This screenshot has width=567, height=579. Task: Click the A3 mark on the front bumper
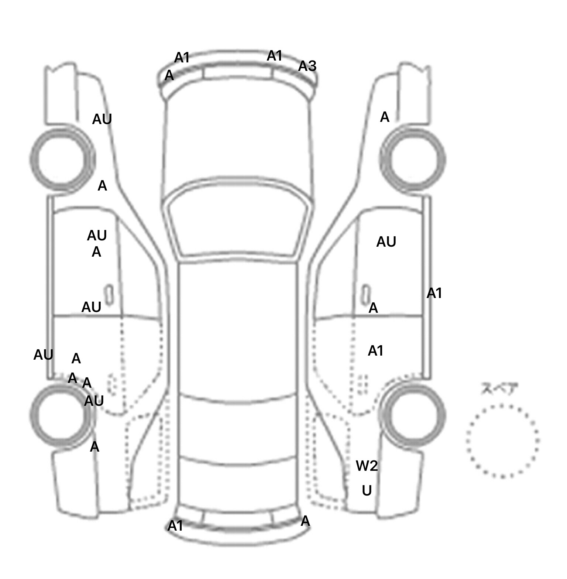307,66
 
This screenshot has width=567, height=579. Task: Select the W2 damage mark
367,466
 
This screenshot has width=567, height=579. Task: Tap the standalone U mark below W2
367,490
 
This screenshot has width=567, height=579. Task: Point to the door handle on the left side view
109,294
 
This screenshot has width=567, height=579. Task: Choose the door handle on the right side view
366,294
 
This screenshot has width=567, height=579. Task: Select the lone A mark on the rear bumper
305,521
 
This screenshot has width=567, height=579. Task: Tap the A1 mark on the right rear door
375,350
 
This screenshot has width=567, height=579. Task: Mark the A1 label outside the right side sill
434,293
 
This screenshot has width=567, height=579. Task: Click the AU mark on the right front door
386,242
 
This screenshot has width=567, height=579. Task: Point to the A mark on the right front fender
385,117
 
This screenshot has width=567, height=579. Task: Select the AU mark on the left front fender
102,119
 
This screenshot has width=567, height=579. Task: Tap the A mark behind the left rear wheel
94,447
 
